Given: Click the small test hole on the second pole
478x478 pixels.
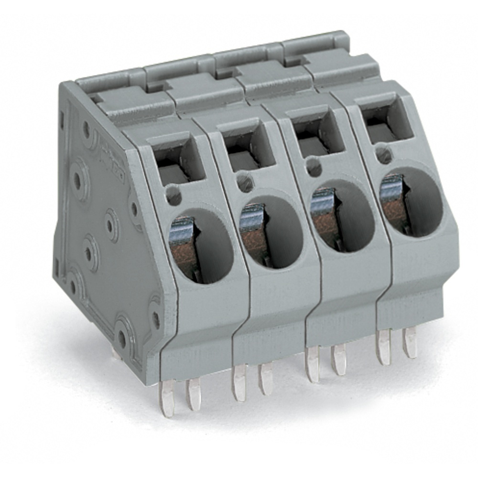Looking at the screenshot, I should point(244,182).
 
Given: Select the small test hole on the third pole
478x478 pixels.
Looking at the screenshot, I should point(314,167).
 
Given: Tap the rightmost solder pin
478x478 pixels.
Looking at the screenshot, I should point(410,342).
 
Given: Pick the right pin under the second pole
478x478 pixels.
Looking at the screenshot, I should point(265,379).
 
